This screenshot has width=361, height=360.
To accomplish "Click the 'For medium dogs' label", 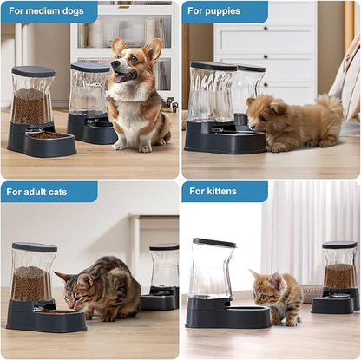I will pyautogui.click(x=49, y=11).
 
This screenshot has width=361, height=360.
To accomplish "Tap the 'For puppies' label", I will pyautogui.click(x=224, y=11).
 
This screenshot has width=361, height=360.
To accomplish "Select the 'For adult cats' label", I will pyautogui.click(x=49, y=191).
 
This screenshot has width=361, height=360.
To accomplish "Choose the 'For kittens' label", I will pyautogui.click(x=224, y=191).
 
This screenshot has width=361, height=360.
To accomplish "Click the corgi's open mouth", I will pyautogui.click(x=121, y=77).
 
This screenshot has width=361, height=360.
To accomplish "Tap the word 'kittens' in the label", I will pyautogui.click(x=234, y=191).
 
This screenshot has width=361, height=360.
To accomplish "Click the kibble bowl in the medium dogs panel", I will pyautogui.click(x=49, y=137).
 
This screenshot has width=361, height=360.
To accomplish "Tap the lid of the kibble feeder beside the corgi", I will pyautogui.click(x=34, y=71).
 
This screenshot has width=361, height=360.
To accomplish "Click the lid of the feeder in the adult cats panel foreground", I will pyautogui.click(x=35, y=247).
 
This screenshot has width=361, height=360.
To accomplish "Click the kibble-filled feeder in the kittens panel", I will pyautogui.click(x=338, y=273).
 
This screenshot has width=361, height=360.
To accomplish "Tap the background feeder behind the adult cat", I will pyautogui.click(x=163, y=278).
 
